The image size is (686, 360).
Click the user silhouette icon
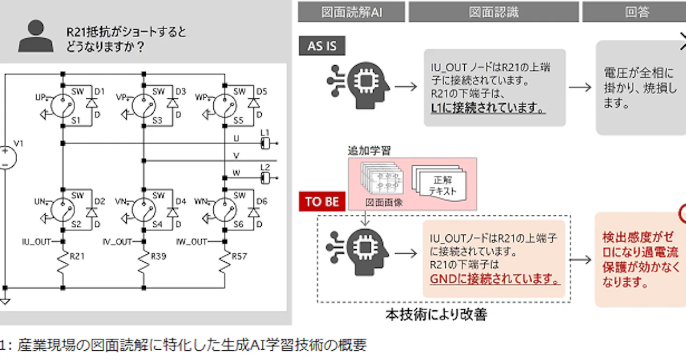tap(36, 37)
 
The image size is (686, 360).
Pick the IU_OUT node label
tap(37, 242)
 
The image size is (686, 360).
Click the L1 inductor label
tap(265, 133)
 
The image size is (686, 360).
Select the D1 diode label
tap(99, 91)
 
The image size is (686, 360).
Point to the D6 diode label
tap(261, 202)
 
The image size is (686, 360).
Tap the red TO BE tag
tap(322, 202)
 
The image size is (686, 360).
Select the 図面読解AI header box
tap(352, 11)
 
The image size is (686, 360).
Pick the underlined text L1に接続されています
tap(488, 107)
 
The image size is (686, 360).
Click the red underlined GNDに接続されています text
tap(495, 279)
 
